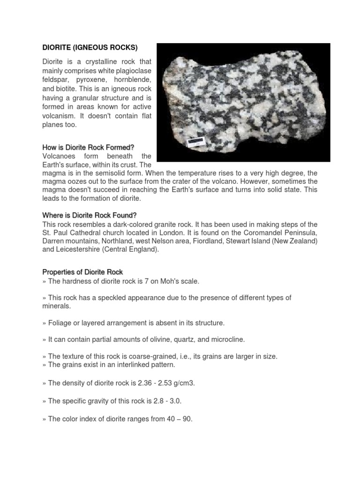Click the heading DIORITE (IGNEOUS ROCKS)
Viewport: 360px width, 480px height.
coord(90,47)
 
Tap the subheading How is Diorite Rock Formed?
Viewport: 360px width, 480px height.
coord(88,147)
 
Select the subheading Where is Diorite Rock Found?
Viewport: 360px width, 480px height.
coord(89,215)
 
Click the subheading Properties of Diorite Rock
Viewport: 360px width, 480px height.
coord(82,272)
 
